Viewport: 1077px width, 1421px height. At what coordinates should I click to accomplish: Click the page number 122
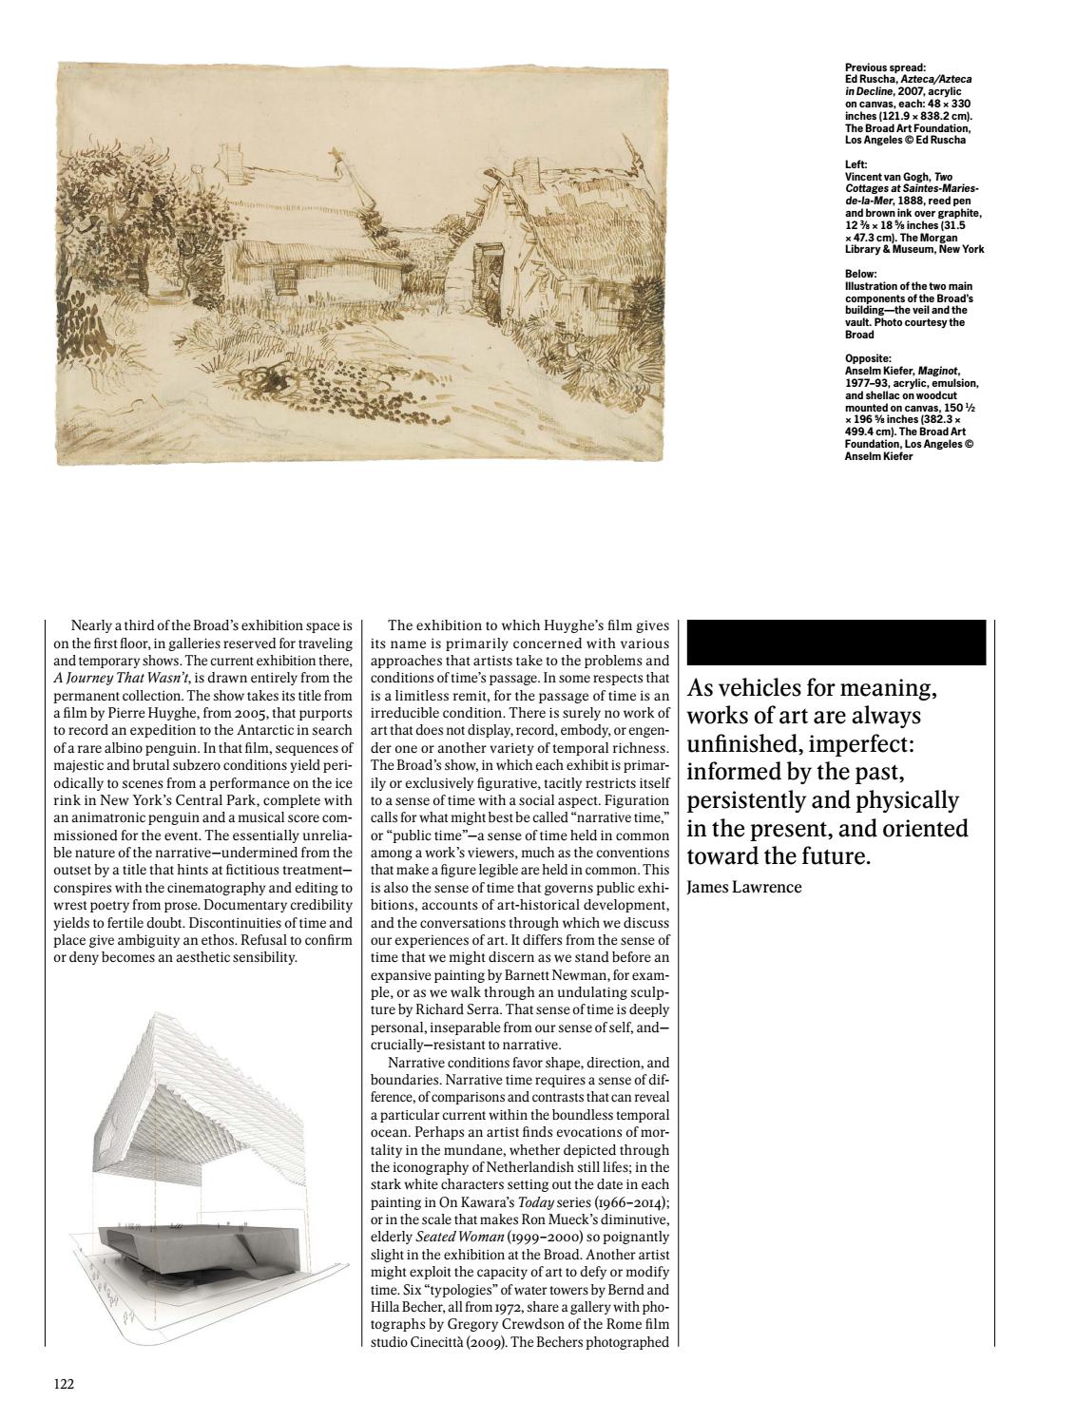(64, 1384)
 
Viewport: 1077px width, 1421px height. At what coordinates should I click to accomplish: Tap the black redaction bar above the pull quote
(836, 643)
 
